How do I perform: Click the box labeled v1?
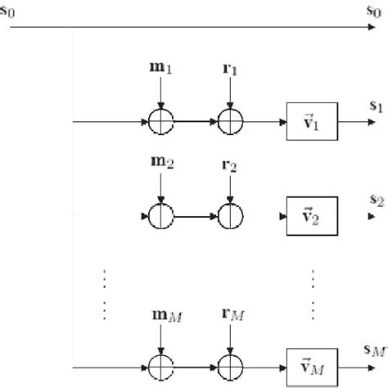[x=309, y=122]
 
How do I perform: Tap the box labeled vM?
[x=309, y=356]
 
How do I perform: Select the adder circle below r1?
[x=232, y=122]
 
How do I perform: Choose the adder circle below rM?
[x=232, y=356]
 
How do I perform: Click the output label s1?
[x=375, y=107]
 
